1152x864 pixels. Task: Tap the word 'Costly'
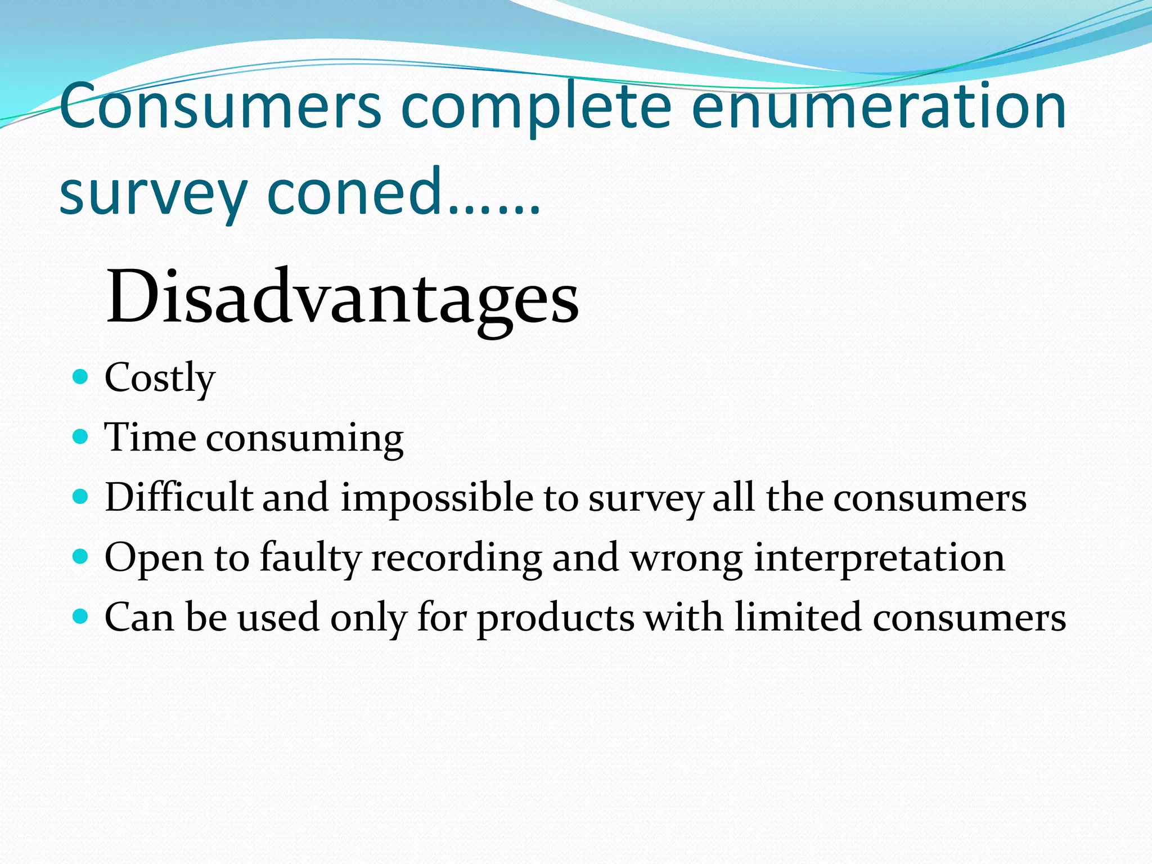pos(160,378)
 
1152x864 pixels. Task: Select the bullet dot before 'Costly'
pos(81,376)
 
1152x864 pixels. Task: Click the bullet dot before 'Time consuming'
pos(81,436)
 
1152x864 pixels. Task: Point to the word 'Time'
pos(150,437)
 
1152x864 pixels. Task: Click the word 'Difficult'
pos(178,497)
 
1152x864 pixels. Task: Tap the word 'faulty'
pos(310,559)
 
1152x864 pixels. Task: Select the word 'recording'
pos(456,559)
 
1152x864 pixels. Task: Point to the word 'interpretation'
pos(879,559)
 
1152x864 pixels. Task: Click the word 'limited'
pos(798,617)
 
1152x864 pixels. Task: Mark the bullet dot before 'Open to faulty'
pos(81,556)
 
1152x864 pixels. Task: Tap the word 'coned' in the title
pos(354,192)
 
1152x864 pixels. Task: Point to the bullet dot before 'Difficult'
pos(81,497)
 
